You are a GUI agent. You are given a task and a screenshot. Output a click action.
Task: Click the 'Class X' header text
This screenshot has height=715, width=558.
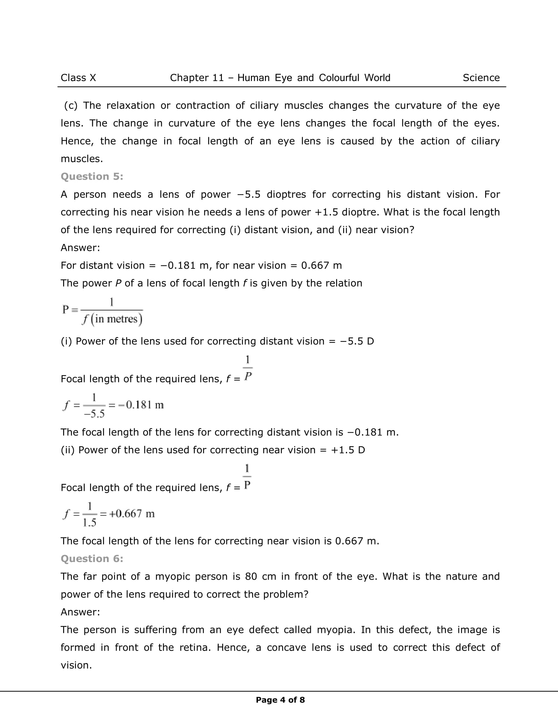pyautogui.click(x=78, y=78)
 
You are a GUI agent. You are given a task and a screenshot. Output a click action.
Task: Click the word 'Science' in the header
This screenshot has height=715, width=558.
pyautogui.click(x=481, y=78)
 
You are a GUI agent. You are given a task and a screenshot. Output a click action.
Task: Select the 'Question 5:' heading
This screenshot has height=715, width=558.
pyautogui.click(x=92, y=176)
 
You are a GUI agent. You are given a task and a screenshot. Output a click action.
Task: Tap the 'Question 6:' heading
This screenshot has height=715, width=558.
pyautogui.click(x=92, y=559)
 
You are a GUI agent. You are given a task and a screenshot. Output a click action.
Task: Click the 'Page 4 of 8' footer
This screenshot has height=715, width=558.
pyautogui.click(x=280, y=700)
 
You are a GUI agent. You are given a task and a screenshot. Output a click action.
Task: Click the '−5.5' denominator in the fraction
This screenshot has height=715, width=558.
pyautogui.click(x=94, y=414)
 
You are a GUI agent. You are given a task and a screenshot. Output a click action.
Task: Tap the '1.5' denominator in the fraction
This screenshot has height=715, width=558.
pyautogui.click(x=89, y=523)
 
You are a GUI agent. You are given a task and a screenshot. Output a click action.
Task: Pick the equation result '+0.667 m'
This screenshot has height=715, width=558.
pyautogui.click(x=132, y=514)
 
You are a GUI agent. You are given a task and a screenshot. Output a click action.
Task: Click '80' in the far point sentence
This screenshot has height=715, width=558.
pyautogui.click(x=251, y=576)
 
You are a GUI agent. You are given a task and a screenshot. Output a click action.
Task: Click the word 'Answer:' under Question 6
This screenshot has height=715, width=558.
pyautogui.click(x=80, y=612)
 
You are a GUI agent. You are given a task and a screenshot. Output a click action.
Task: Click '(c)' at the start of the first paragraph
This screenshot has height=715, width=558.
pyautogui.click(x=70, y=105)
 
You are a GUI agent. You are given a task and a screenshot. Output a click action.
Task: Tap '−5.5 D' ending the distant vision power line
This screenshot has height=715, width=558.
pyautogui.click(x=357, y=341)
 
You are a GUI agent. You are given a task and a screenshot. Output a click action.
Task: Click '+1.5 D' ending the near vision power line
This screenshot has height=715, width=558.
pyautogui.click(x=348, y=450)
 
